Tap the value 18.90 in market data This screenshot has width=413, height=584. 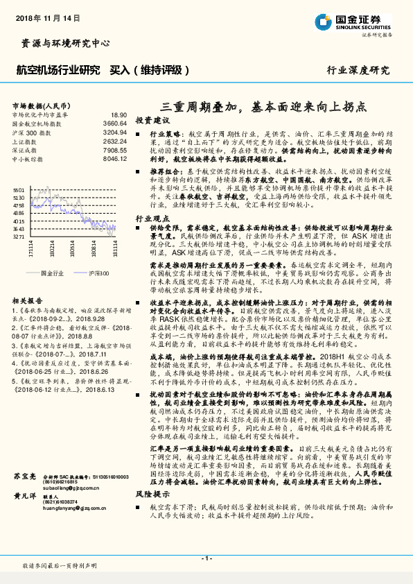(118, 114)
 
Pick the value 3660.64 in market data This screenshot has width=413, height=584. (115, 123)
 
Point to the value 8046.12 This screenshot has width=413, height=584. (115, 158)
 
